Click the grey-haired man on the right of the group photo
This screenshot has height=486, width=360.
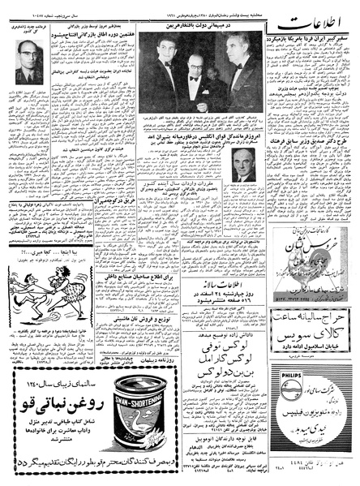point(235,65)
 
